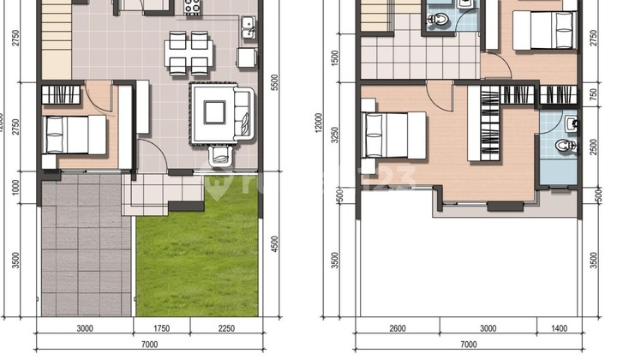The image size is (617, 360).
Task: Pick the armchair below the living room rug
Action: click(x=221, y=155)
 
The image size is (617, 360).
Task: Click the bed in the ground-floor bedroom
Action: click(x=75, y=134)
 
